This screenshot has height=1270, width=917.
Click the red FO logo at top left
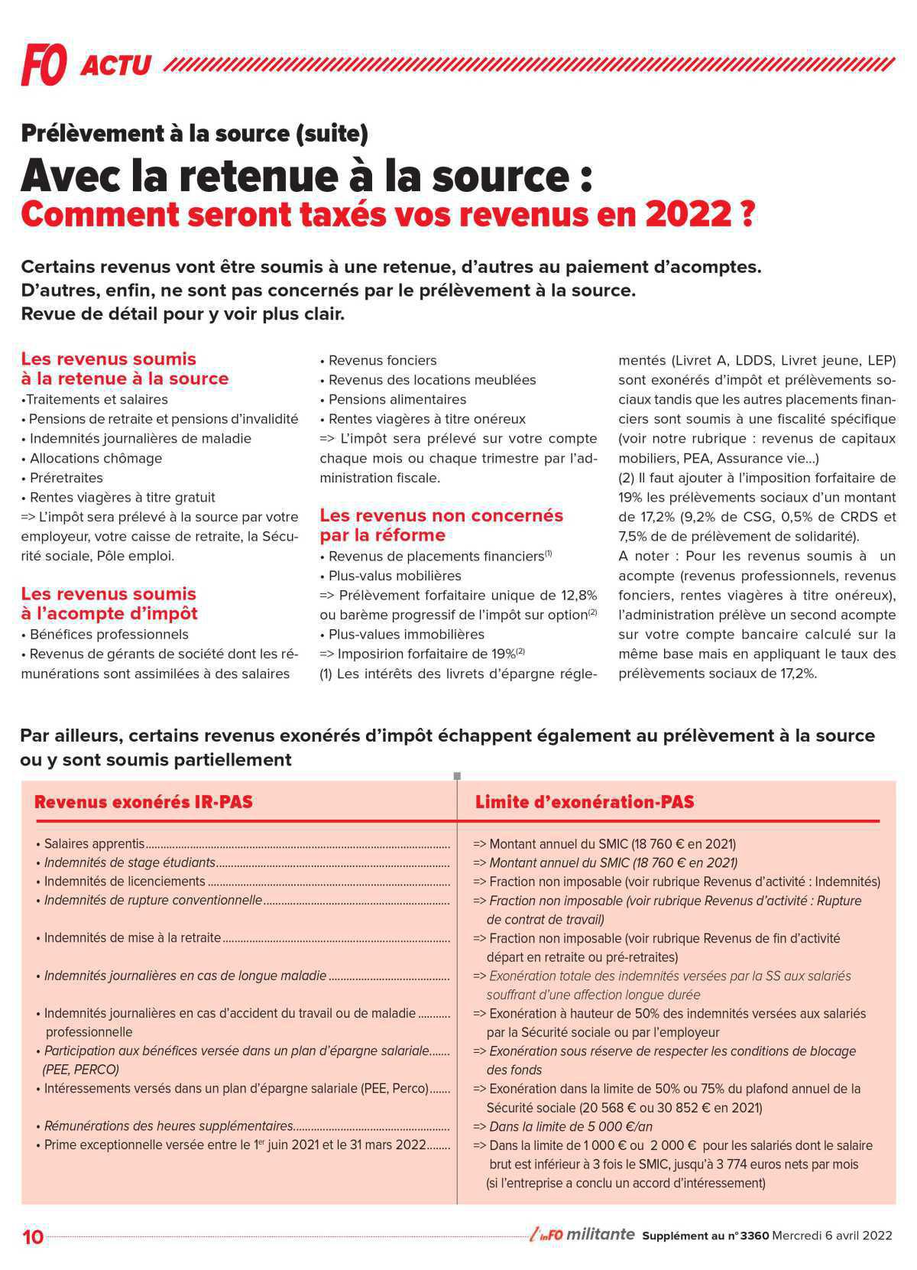(x=44, y=64)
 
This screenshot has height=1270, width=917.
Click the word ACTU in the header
(x=115, y=66)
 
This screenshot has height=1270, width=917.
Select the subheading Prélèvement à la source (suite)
(x=194, y=134)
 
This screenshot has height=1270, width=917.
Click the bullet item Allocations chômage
(x=96, y=458)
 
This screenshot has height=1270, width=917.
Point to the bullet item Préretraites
(x=66, y=478)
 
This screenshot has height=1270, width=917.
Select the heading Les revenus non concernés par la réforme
(x=441, y=525)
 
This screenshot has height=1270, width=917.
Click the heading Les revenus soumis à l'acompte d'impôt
(x=109, y=603)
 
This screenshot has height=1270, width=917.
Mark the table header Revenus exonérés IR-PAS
(x=144, y=802)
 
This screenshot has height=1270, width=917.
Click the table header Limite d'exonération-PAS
(x=585, y=802)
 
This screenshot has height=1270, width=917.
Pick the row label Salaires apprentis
(x=94, y=844)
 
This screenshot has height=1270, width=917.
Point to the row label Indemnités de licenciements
(x=125, y=882)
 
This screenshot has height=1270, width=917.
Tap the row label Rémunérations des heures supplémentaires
(x=168, y=1126)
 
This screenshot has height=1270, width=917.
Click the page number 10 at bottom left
(x=33, y=1236)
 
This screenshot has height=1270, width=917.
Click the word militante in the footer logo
(x=601, y=1235)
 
